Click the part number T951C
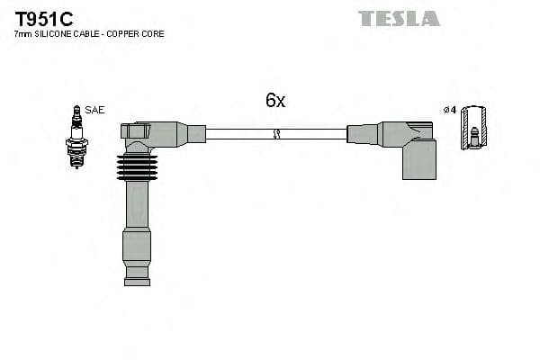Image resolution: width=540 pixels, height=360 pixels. tap(44, 19)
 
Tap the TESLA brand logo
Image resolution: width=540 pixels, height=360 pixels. tap(399, 18)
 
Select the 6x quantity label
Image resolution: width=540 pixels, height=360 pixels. tap(274, 101)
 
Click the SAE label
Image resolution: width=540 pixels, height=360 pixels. tap(96, 110)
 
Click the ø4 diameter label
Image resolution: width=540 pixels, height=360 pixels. tap(450, 110)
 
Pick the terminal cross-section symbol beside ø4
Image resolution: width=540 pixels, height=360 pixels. tap(473, 127)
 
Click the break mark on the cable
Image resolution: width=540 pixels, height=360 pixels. tap(276, 134)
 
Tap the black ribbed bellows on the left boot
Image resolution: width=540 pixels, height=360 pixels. tap(137, 167)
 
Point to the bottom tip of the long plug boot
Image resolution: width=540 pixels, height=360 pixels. tap(137, 282)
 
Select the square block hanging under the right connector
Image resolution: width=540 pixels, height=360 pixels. tap(418, 160)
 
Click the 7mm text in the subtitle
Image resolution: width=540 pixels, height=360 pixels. tap(22, 34)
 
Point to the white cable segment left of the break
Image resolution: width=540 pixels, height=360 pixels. tap(238, 134)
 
